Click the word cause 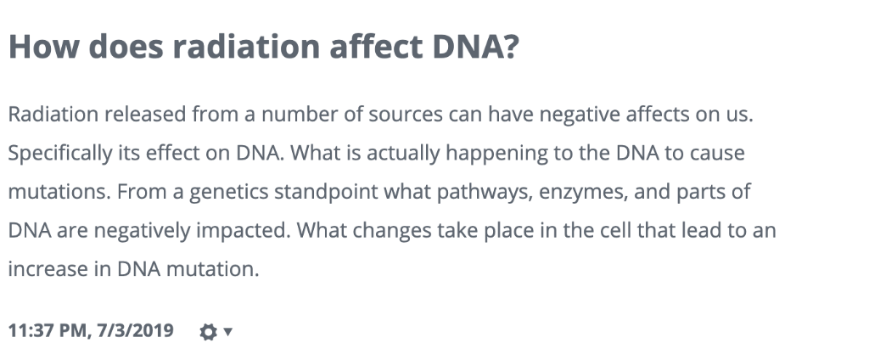[x=719, y=154]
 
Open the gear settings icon [x=208, y=331]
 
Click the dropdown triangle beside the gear [x=227, y=331]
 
